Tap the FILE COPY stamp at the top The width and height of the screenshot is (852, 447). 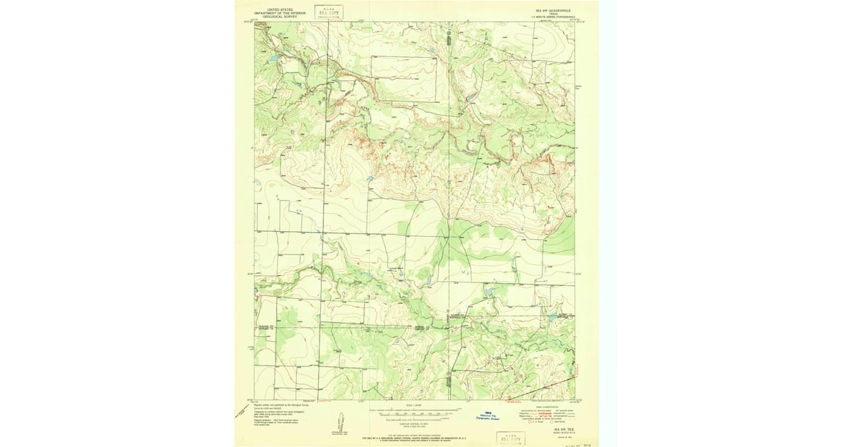pyautogui.click(x=328, y=12)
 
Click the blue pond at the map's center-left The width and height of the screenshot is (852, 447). pyautogui.click(x=370, y=180)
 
